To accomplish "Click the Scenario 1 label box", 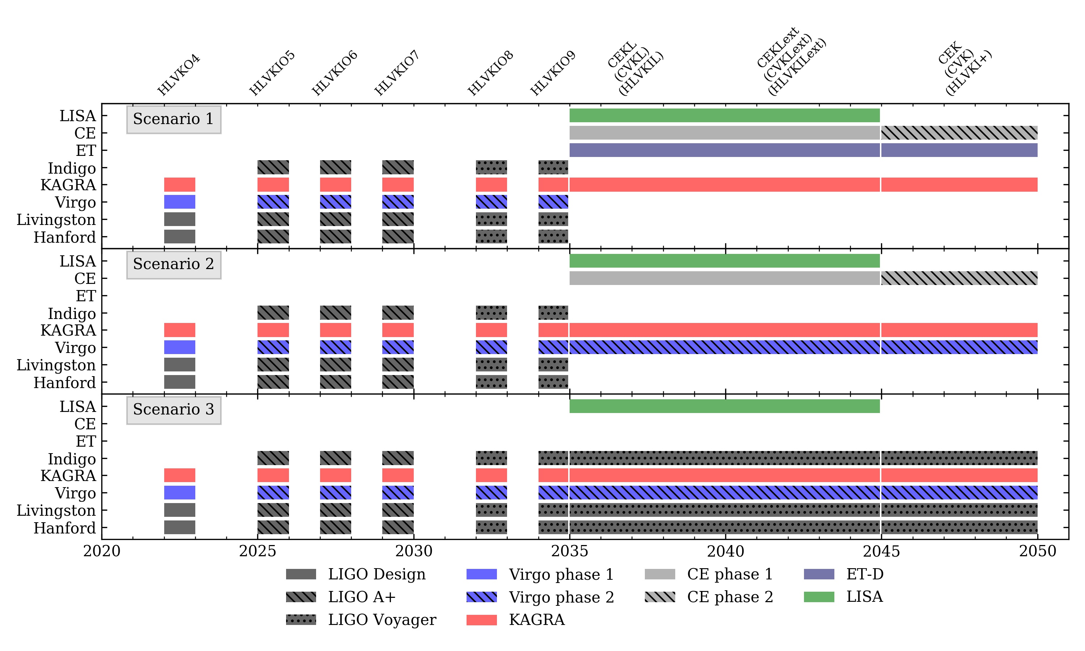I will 174,119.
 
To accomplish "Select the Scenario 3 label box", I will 174,410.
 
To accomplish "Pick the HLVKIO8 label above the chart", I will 491,73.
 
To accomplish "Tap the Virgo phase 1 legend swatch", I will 481,574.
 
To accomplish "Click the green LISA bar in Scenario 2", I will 724,261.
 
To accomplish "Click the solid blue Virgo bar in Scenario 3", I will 179,493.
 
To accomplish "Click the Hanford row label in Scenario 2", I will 64,383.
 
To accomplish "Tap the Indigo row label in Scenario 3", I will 72,459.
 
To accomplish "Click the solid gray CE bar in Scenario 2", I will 724,278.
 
